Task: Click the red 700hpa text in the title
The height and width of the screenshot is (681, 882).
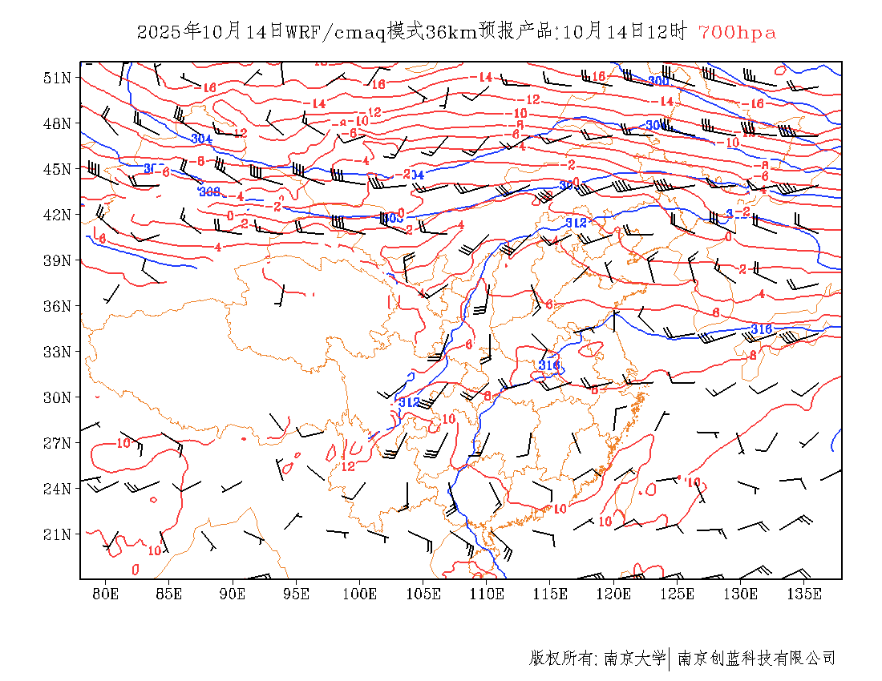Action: coord(737,32)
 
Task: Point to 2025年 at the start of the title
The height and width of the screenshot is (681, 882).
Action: coord(168,32)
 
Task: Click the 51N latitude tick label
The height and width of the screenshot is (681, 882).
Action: coord(57,78)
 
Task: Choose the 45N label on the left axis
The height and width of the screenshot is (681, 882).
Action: coord(57,169)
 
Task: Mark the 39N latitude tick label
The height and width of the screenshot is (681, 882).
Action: coord(57,260)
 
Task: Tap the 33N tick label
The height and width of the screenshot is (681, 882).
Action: coord(57,352)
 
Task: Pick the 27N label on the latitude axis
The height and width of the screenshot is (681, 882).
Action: coord(57,443)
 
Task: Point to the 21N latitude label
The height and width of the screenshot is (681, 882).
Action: coord(57,534)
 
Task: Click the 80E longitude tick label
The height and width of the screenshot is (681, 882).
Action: coord(105,594)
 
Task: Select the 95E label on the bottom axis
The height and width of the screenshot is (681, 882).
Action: coord(296,594)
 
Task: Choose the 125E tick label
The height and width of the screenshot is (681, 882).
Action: coord(678,594)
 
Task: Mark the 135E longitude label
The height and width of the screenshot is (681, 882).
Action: coord(804,594)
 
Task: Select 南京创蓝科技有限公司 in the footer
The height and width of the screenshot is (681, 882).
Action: coord(756,659)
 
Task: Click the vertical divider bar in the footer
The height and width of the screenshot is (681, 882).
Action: coord(669,659)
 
